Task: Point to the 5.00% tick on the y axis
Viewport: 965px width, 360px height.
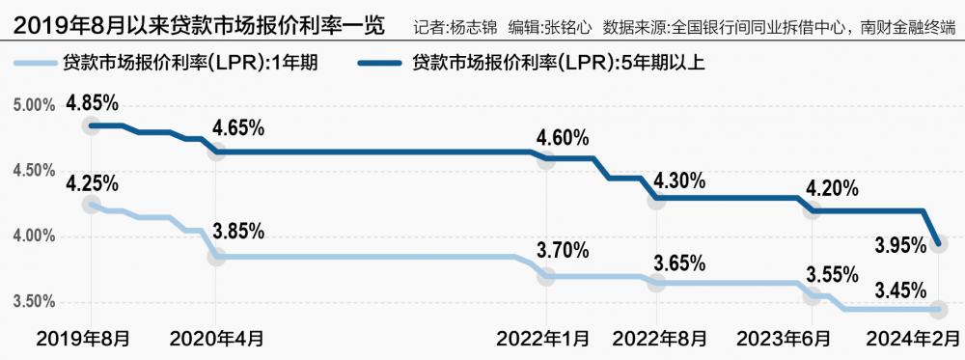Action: [34, 105]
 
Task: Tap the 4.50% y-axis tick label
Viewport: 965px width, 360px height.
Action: [34, 171]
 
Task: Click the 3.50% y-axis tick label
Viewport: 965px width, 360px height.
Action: [34, 302]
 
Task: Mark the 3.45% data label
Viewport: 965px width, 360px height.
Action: [901, 289]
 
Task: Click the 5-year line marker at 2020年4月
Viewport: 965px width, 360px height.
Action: [217, 152]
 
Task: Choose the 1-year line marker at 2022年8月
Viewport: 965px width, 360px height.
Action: [657, 283]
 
